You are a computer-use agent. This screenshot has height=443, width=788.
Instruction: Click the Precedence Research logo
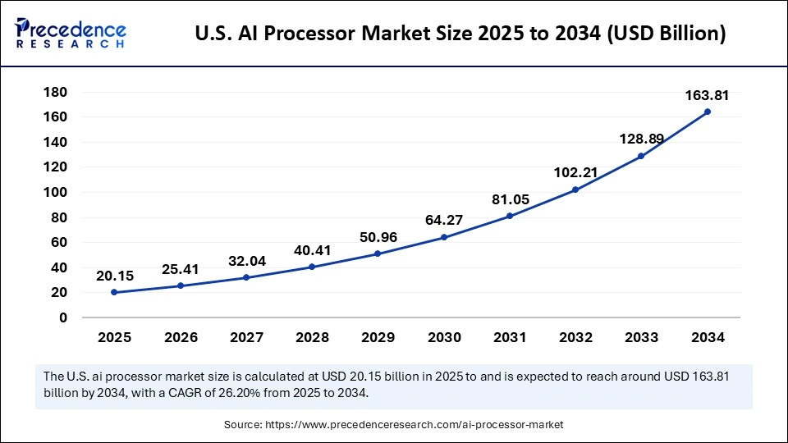pyautogui.click(x=71, y=32)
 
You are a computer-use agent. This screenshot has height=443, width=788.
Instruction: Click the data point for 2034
pyautogui.click(x=707, y=112)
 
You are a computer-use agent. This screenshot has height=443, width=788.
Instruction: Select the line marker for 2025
pyautogui.click(x=114, y=292)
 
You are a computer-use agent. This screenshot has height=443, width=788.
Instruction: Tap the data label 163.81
pyautogui.click(x=707, y=96)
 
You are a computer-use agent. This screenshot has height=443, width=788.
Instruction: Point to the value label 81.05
pyautogui.click(x=510, y=199)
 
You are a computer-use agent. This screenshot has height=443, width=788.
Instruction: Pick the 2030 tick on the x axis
pyautogui.click(x=444, y=337)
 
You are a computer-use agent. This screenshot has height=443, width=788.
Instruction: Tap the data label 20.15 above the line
pyautogui.click(x=114, y=276)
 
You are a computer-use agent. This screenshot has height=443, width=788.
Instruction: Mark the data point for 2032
pyautogui.click(x=575, y=190)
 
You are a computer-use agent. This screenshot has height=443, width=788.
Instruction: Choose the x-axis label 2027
pyautogui.click(x=246, y=337)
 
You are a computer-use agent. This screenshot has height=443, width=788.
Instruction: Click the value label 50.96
pyautogui.click(x=378, y=237)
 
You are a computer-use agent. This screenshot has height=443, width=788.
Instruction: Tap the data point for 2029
pyautogui.click(x=378, y=253)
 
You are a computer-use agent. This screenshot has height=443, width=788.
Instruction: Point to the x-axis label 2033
pyautogui.click(x=641, y=337)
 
